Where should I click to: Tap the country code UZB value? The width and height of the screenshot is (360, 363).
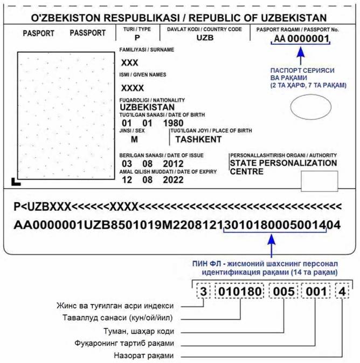pos(205,38)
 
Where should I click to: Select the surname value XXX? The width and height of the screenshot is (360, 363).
pos(130,63)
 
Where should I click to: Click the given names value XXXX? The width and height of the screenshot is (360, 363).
pos(133,88)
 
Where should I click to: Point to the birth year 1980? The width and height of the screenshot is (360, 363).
pos(173,123)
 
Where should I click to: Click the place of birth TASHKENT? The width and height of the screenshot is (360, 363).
pos(198,139)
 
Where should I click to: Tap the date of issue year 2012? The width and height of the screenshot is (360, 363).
pos(173,163)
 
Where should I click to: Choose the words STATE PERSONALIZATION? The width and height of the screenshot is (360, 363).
pos(283,163)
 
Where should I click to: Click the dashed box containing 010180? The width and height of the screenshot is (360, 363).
pos(241,292)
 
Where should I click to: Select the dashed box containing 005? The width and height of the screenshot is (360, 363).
pos(284,292)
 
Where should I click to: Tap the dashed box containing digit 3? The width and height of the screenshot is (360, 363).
pos(203,292)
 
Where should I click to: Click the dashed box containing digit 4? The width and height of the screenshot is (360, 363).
pos(343,292)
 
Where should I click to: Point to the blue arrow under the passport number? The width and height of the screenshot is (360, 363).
pos(301,56)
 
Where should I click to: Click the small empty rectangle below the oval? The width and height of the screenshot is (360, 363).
pos(319,181)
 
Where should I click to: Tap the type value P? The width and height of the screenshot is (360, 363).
pos(137,38)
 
